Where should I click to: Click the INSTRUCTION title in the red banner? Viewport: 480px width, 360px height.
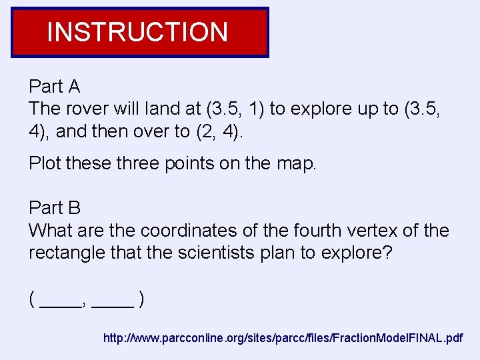pyautogui.click(x=137, y=32)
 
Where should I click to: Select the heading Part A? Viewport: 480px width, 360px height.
pyautogui.click(x=55, y=87)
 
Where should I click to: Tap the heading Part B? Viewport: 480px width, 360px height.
pyautogui.click(x=55, y=207)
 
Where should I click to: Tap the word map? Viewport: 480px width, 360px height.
pyautogui.click(x=297, y=163)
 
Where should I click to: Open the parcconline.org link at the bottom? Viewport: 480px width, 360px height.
pyautogui.click(x=283, y=339)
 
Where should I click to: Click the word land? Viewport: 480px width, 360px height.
pyautogui.click(x=173, y=109)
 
